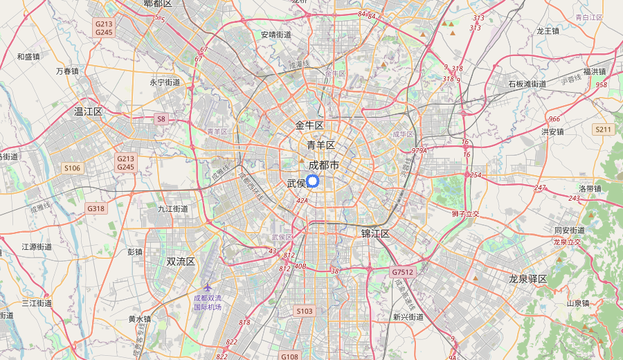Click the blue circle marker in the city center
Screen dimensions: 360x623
pyautogui.click(x=311, y=181)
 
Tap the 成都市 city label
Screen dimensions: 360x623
pyautogui.click(x=324, y=165)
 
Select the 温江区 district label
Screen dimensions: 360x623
pyautogui.click(x=88, y=111)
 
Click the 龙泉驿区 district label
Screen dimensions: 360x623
pyautogui.click(x=527, y=279)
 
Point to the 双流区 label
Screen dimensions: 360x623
pyautogui.click(x=181, y=262)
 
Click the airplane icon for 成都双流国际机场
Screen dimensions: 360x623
pyautogui.click(x=208, y=287)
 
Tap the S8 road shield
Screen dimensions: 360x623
pyautogui.click(x=161, y=119)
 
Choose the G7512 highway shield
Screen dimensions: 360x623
pyautogui.click(x=402, y=272)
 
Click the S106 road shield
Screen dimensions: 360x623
pyautogui.click(x=72, y=168)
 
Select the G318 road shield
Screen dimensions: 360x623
pyautogui.click(x=96, y=208)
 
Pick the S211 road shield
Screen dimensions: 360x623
pyautogui.click(x=603, y=129)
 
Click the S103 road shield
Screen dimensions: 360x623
pyautogui.click(x=305, y=312)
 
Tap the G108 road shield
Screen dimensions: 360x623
pyautogui.click(x=289, y=356)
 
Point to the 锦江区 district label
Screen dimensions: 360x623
pyautogui.click(x=375, y=233)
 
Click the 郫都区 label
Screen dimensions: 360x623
pyautogui.click(x=157, y=4)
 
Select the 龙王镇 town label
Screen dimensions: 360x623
pyautogui.click(x=548, y=31)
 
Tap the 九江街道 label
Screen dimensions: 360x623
pyautogui.click(x=172, y=208)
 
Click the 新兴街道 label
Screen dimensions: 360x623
pyautogui.click(x=408, y=317)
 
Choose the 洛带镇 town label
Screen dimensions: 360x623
pyautogui.click(x=590, y=188)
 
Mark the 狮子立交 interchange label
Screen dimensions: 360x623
pyautogui.click(x=465, y=214)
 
